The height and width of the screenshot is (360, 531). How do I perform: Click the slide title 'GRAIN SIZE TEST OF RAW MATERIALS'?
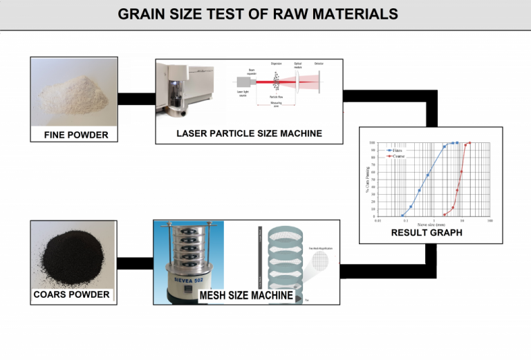click(257, 14)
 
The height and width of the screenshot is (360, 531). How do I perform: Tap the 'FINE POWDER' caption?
click(76, 135)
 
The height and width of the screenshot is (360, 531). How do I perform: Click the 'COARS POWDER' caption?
click(71, 295)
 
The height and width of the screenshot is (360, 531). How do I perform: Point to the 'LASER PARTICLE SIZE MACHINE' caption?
click(249, 133)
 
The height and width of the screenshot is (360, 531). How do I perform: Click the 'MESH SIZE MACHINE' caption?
click(245, 296)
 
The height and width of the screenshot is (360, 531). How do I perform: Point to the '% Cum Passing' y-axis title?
click(367, 180)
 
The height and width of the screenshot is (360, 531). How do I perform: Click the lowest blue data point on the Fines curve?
click(402, 216)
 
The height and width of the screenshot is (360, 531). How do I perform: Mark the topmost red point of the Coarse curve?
click(469, 143)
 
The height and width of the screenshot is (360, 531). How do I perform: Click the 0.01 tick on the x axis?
click(377, 220)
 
